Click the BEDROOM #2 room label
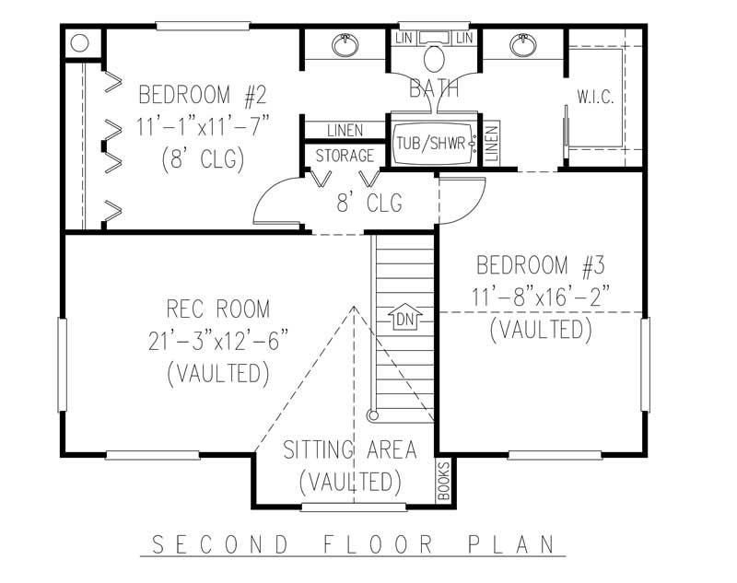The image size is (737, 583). point(202,95)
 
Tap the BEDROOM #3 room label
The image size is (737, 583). point(540,267)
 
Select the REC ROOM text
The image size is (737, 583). point(218,309)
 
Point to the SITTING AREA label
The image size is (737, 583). point(349,450)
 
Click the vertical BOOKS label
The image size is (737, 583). point(443,482)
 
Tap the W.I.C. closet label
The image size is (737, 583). point(595,97)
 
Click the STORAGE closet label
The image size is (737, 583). point(345,156)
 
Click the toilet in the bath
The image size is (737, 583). point(434,58)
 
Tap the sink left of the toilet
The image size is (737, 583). point(345,43)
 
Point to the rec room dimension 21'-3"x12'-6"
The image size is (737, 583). point(218,341)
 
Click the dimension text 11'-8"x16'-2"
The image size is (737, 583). point(540,297)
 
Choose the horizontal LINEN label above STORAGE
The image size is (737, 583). point(344,131)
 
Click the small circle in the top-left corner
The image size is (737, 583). point(79,42)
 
